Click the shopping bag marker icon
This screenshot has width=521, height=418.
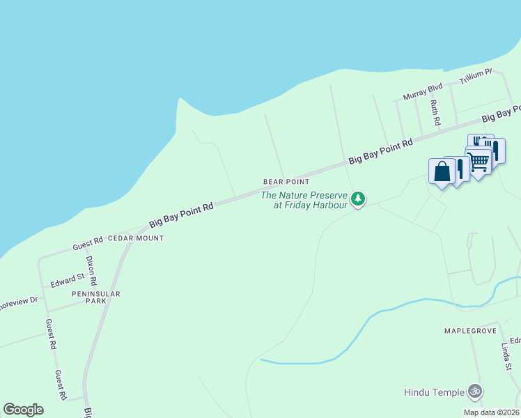coord(442,171)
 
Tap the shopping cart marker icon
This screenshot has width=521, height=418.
coord(479,162)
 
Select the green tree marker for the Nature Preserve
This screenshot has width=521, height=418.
coord(358,199)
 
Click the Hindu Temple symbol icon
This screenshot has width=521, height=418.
coord(475,392)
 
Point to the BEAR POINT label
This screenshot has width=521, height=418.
coord(286,182)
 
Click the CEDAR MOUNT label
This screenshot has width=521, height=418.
coord(136,238)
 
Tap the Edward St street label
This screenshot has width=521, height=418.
coord(67,281)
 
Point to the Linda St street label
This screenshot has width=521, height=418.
coord(506,356)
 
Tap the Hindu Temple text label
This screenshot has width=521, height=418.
coord(433,392)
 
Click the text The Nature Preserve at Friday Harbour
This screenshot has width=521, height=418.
coord(304,200)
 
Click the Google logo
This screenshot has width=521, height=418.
coord(23,410)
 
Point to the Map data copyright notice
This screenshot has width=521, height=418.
coord(491,412)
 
